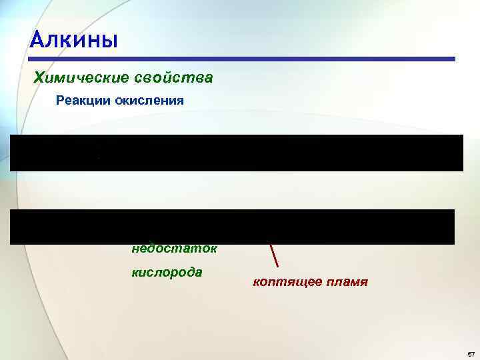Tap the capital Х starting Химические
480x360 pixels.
point(39,78)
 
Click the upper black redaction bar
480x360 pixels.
point(236,153)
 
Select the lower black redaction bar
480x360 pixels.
point(232,227)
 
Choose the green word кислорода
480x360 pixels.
point(167,273)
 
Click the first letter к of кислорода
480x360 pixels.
point(135,273)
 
